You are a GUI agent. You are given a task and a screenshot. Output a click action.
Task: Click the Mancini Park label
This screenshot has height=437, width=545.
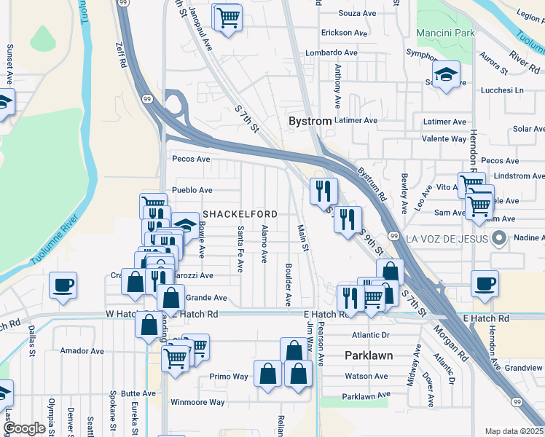(x=445, y=33)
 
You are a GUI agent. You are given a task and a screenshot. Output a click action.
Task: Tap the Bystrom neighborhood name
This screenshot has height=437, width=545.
(x=310, y=120)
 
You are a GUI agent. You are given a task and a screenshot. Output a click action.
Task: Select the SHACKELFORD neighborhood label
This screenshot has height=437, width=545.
(x=240, y=214)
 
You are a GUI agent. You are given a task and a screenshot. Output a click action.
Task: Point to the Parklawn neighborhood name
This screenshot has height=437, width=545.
(x=368, y=355)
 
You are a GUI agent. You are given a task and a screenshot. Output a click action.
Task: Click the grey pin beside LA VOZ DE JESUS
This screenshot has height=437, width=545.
(x=498, y=237)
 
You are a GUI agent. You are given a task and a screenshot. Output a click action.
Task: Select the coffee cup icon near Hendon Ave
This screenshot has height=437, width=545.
(x=485, y=284)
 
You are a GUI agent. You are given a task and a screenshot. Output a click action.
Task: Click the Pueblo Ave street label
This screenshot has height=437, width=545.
(x=191, y=190)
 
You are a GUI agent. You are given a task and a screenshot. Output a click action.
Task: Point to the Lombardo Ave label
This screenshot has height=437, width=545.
(x=331, y=53)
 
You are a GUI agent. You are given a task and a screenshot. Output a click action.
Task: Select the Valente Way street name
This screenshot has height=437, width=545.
(x=444, y=139)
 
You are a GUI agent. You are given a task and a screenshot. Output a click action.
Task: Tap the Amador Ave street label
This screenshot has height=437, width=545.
(x=82, y=351)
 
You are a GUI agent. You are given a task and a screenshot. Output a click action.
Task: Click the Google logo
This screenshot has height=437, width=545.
(x=24, y=429)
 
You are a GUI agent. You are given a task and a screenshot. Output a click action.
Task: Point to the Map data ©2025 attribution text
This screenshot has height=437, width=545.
(x=514, y=431)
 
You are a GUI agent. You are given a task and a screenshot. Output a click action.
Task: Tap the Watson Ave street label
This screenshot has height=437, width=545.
(x=366, y=377)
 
